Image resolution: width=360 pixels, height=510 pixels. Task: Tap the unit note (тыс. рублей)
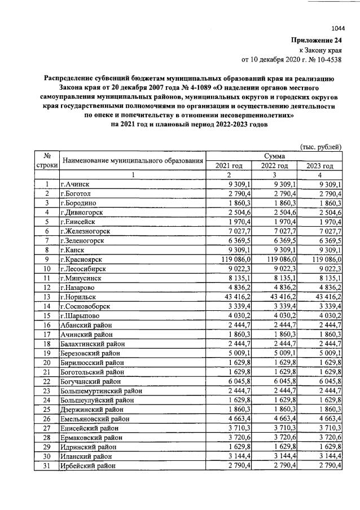[321, 147]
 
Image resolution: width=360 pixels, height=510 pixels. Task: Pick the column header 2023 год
[319, 165]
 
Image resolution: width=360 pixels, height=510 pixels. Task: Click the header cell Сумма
[274, 156]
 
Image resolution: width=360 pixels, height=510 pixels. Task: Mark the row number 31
[47, 466]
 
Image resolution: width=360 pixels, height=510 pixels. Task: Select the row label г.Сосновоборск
[87, 306]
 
